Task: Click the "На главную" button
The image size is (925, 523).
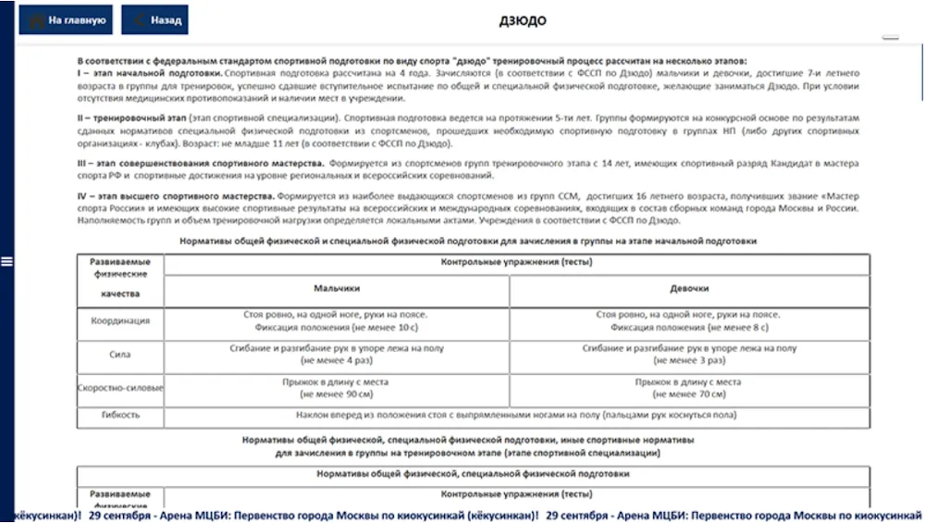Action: point(66,19)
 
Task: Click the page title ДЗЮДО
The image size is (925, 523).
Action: point(523,20)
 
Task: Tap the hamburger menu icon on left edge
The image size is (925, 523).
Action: point(6,262)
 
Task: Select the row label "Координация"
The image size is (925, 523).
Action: point(120,320)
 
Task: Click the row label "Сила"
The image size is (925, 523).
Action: point(120,354)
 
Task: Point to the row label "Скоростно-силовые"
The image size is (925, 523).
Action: point(120,388)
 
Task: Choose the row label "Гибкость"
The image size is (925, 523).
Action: point(120,416)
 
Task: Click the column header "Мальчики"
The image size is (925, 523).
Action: point(337,288)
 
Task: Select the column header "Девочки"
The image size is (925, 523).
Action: point(689,288)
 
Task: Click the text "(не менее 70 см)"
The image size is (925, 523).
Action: point(688,394)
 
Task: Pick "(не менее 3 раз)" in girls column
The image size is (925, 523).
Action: point(688,360)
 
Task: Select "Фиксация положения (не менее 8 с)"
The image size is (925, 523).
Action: point(688,327)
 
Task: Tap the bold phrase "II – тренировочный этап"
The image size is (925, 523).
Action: point(135,118)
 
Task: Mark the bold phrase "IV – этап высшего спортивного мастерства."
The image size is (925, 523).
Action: point(176,198)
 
